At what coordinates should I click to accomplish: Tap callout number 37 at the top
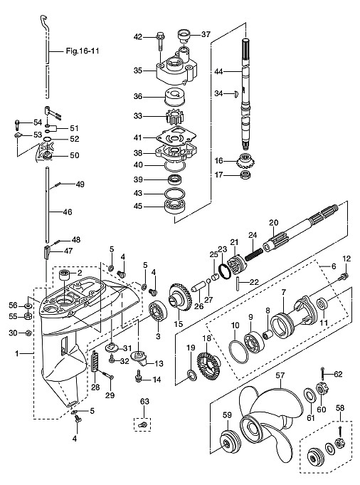pyautogui.click(x=206, y=34)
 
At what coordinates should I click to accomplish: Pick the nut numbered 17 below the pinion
pyautogui.click(x=246, y=174)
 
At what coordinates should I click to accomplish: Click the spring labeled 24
pyautogui.click(x=254, y=253)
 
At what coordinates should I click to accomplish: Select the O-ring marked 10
pyautogui.click(x=239, y=352)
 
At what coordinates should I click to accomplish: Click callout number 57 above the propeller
pyautogui.click(x=280, y=375)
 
